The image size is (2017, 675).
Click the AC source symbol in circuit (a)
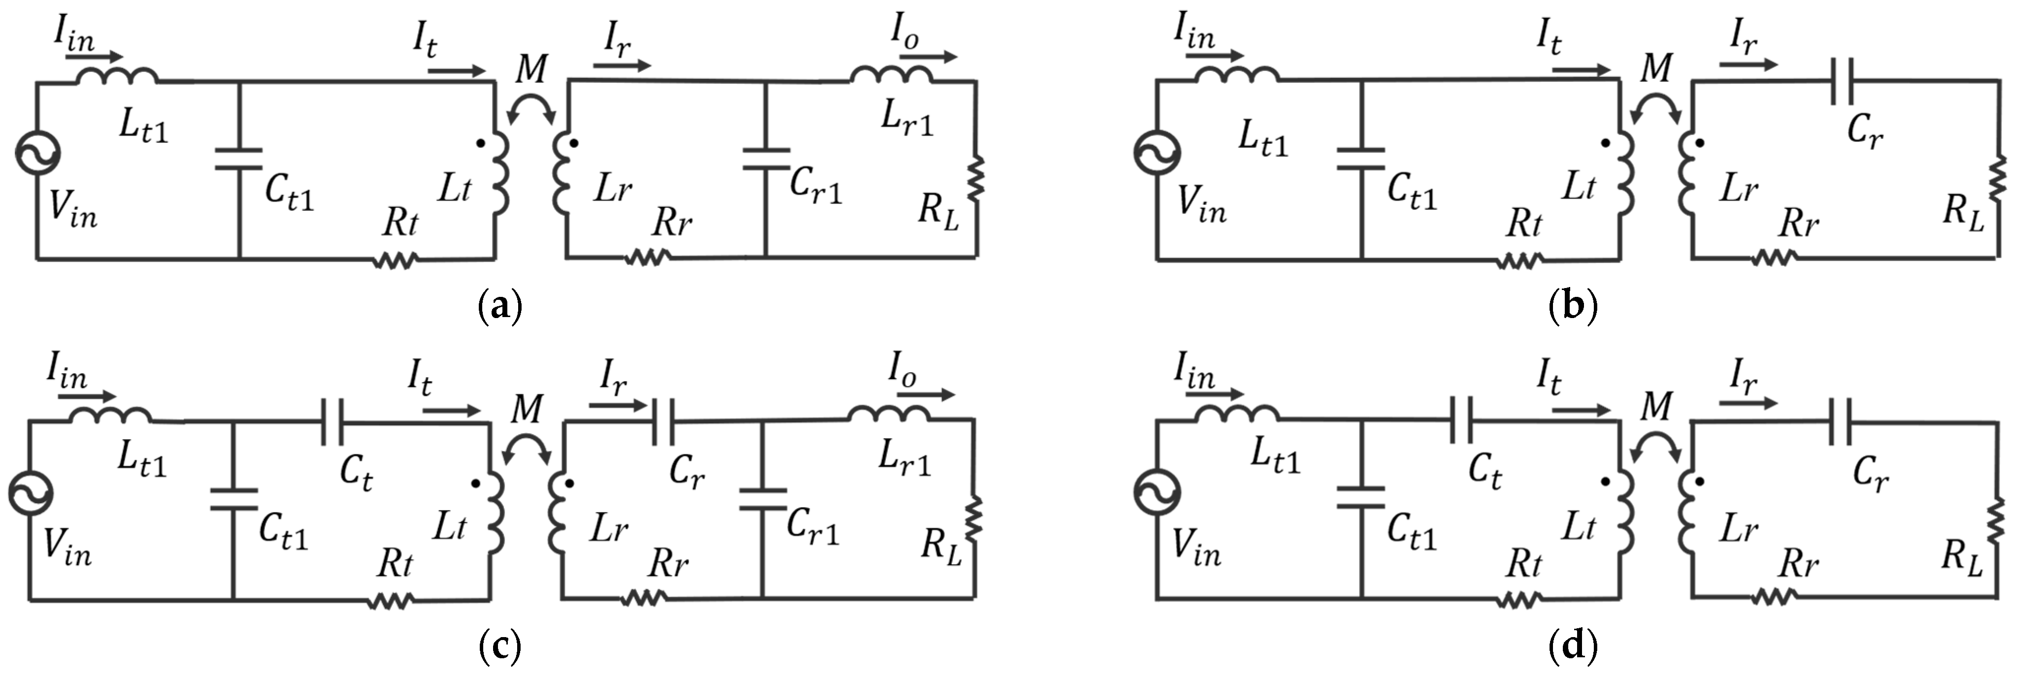(x=37, y=152)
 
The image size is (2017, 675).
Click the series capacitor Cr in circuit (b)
(x=1842, y=81)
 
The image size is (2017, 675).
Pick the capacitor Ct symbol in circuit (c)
(x=332, y=422)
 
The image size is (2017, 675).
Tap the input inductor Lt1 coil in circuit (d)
(x=1237, y=415)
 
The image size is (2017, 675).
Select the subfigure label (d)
(x=1572, y=646)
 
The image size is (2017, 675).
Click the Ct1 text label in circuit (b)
(x=1412, y=193)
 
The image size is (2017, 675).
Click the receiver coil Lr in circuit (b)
(x=1685, y=172)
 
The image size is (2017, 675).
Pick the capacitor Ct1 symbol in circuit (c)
(x=233, y=499)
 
